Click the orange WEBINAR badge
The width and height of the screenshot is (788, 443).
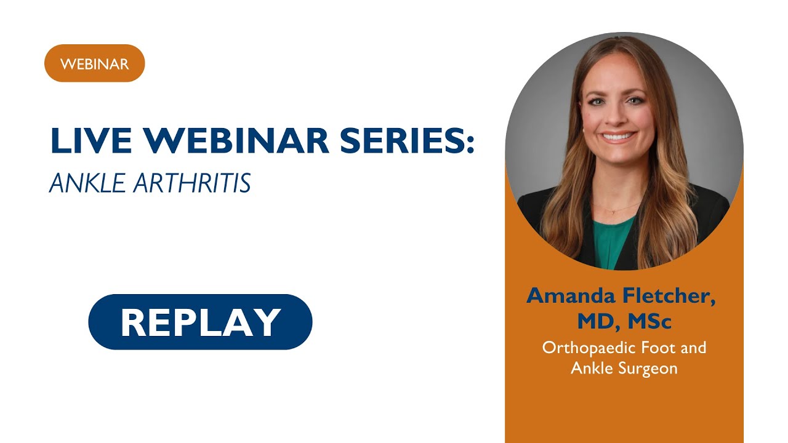point(94,63)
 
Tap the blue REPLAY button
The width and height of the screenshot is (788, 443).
point(200,322)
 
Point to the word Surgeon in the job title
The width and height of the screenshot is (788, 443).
point(649,368)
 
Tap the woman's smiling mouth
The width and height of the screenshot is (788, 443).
point(617,137)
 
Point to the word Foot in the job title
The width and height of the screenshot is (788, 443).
point(656,348)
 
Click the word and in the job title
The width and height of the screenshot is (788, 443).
point(694,348)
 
